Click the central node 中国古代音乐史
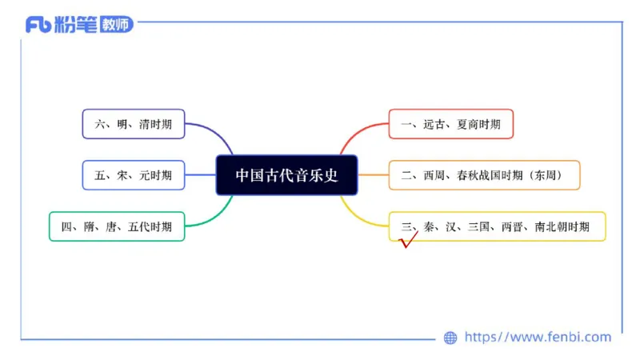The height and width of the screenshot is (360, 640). tap(286, 175)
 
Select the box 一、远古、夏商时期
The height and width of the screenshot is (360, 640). tap(450, 124)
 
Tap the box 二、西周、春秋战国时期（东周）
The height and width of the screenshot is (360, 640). tap(484, 175)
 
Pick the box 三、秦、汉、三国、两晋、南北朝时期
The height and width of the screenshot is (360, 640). tap(496, 226)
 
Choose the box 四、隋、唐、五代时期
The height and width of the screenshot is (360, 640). tap(117, 226)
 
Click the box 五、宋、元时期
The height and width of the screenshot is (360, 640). tap(133, 175)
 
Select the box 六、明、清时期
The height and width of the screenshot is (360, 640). tap(133, 124)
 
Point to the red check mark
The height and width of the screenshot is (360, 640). tap(409, 240)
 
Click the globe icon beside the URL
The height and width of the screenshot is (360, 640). tap(450, 338)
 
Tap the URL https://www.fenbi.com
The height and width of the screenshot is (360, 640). tap(538, 338)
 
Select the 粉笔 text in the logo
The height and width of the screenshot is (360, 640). tap(77, 25)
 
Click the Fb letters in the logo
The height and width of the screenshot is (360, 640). tap(38, 25)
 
